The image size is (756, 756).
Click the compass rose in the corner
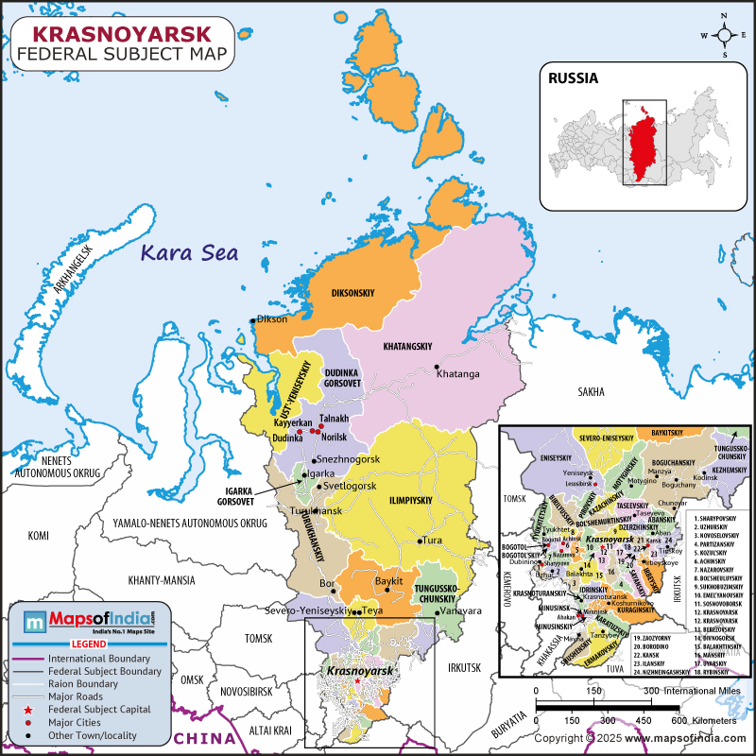724,36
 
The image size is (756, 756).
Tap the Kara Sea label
189,252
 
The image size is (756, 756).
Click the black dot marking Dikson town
253,320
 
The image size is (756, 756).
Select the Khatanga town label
458,374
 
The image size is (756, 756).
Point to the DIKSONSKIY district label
352,294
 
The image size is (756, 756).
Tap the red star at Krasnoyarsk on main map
356,680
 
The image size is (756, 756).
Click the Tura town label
432,541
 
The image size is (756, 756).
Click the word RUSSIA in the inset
574,78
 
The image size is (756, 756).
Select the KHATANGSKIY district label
413,347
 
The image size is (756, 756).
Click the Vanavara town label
458,612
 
